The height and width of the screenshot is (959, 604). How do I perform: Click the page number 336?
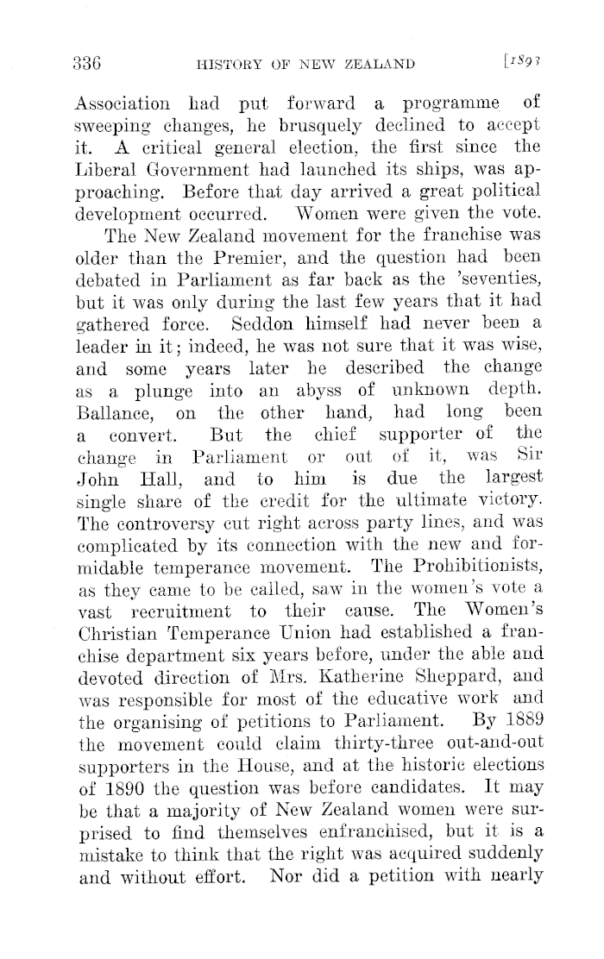[x=86, y=62]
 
